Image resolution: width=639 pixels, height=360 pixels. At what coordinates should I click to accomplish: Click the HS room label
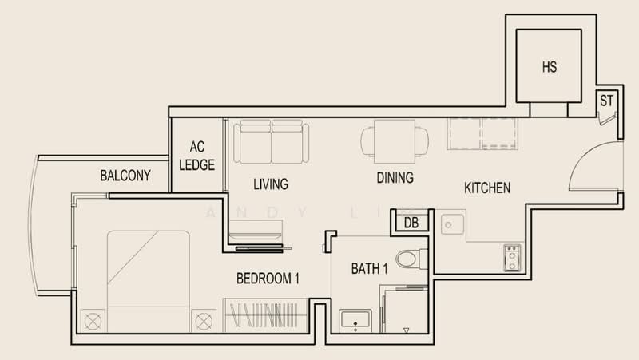tap(550, 67)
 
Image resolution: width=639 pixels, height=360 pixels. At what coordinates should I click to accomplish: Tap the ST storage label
tap(606, 101)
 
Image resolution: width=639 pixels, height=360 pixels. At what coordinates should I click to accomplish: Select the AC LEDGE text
tap(196, 156)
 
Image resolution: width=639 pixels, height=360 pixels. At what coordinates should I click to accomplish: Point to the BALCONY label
tap(125, 176)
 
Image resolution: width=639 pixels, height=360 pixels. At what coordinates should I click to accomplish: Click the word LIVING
tap(271, 184)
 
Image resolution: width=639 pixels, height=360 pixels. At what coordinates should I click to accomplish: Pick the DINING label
tap(395, 177)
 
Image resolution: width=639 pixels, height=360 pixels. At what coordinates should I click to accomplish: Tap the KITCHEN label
tap(487, 188)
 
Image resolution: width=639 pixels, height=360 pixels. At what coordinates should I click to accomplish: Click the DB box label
tap(411, 223)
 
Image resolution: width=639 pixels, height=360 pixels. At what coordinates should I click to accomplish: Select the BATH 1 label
tap(369, 269)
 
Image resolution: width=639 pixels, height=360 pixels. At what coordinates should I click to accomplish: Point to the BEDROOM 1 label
tap(268, 279)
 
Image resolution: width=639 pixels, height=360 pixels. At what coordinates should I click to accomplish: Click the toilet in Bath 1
tap(411, 259)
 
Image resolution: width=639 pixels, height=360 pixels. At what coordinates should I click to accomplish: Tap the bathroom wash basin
tap(355, 320)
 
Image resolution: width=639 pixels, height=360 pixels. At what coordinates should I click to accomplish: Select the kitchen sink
tap(452, 224)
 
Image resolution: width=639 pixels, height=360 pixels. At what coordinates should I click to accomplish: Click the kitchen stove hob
tap(512, 258)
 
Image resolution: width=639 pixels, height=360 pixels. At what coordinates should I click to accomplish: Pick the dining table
tap(395, 141)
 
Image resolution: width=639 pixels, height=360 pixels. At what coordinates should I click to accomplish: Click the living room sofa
tap(272, 141)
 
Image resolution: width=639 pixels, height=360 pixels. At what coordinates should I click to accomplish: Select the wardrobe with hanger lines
tap(265, 315)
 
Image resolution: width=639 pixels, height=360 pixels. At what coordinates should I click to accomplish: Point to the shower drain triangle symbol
tap(406, 330)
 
